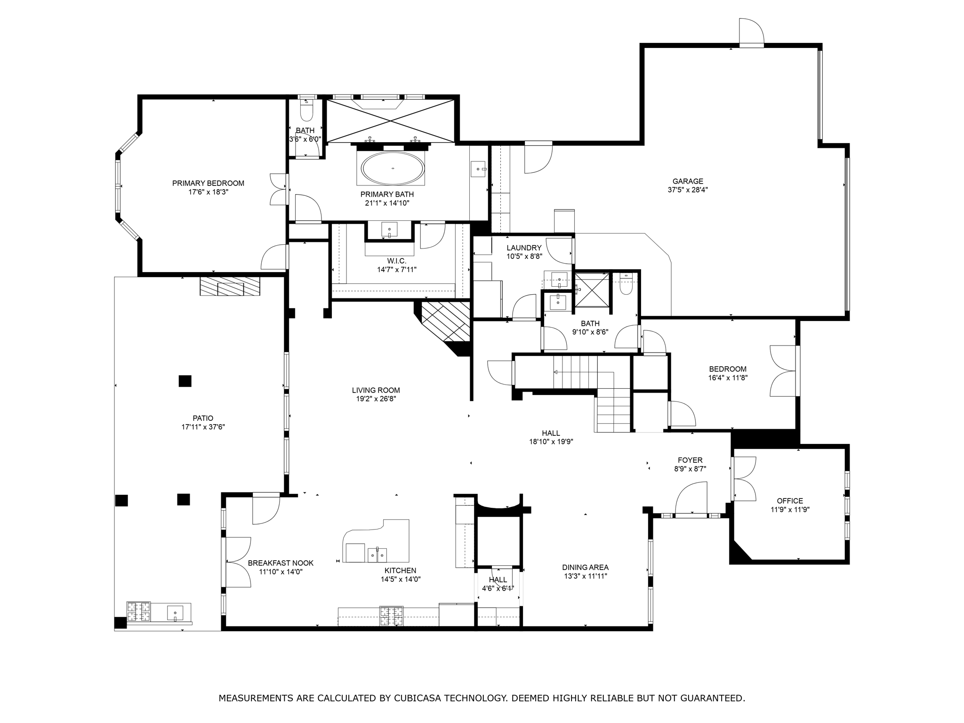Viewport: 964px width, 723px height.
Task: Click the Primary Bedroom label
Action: pyautogui.click(x=208, y=183)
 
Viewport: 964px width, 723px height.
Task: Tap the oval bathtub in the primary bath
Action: pyautogui.click(x=393, y=168)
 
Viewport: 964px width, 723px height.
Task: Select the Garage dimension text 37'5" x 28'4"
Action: pyautogui.click(x=688, y=190)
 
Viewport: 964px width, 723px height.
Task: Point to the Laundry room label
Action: pyautogui.click(x=524, y=248)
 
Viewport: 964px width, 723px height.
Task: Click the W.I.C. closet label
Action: pyautogui.click(x=396, y=261)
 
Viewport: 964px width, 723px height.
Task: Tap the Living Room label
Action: pyautogui.click(x=376, y=390)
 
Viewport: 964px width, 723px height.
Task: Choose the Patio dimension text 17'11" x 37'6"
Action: pyautogui.click(x=203, y=427)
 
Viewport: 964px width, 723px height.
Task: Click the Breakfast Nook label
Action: pyautogui.click(x=281, y=563)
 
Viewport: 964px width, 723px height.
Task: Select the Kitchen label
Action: pyautogui.click(x=400, y=571)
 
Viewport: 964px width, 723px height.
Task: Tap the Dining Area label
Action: pyautogui.click(x=585, y=568)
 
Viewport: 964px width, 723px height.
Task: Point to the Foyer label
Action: pyautogui.click(x=690, y=460)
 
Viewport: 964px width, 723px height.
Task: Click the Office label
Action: pyautogui.click(x=790, y=501)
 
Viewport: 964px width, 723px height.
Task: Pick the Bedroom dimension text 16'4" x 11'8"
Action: pyautogui.click(x=728, y=378)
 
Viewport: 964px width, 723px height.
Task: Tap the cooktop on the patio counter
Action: pyautogui.click(x=138, y=612)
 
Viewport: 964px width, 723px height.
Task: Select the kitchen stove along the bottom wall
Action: pyautogui.click(x=392, y=616)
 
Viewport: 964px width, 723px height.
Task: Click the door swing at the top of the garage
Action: pyautogui.click(x=751, y=32)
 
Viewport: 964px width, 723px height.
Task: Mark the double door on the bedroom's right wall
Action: pyautogui.click(x=783, y=371)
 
